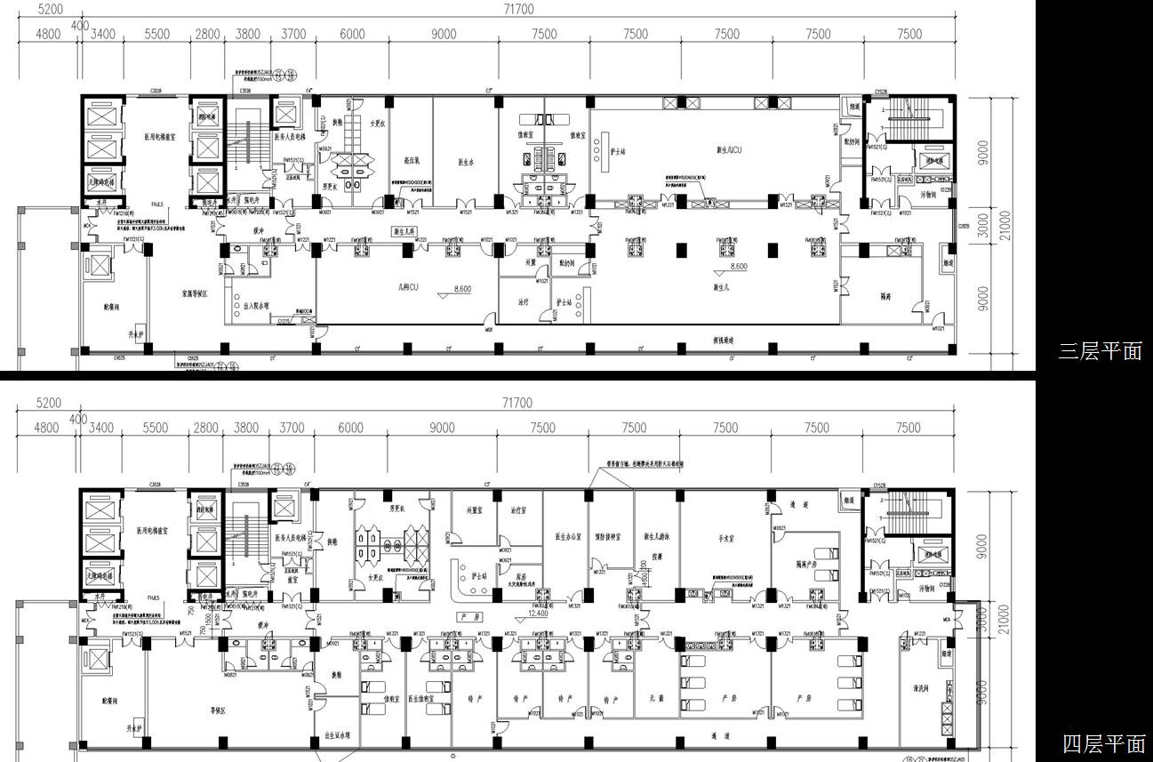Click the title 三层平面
click(x=1100, y=351)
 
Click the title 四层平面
click(x=1103, y=743)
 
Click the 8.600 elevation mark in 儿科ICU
click(x=461, y=289)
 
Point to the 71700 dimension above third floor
click(x=517, y=9)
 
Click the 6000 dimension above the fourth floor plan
click(x=351, y=428)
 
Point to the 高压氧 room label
click(x=412, y=162)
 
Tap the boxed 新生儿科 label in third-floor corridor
click(x=406, y=231)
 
